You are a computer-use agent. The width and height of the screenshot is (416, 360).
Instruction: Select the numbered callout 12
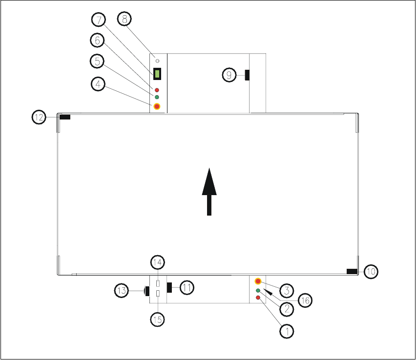point(40,117)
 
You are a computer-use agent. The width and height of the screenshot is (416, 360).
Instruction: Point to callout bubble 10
point(371,271)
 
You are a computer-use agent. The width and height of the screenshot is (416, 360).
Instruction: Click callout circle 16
point(304,300)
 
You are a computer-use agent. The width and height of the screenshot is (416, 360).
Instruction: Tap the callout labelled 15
point(157,320)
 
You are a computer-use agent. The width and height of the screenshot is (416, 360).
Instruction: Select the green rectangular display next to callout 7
point(157,74)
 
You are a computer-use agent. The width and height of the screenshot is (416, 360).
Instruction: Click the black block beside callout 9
point(248,75)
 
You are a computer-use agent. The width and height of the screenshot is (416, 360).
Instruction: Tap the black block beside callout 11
point(169,287)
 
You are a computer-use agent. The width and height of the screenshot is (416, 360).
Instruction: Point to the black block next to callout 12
point(64,117)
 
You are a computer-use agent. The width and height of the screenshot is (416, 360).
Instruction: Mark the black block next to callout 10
point(352,271)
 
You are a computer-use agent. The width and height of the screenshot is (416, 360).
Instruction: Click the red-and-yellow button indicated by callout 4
point(157,106)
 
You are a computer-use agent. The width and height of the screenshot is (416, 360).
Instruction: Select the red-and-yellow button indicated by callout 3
point(258,281)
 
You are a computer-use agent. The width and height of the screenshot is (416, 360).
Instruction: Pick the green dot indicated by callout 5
point(157,97)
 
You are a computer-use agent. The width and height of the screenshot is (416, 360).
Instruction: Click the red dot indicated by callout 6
point(157,90)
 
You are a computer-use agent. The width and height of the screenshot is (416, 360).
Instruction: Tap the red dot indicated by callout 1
point(258,298)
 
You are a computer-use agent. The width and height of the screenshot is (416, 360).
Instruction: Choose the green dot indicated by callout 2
point(258,291)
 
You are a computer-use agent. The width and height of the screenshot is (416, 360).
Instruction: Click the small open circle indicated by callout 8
point(157,60)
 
